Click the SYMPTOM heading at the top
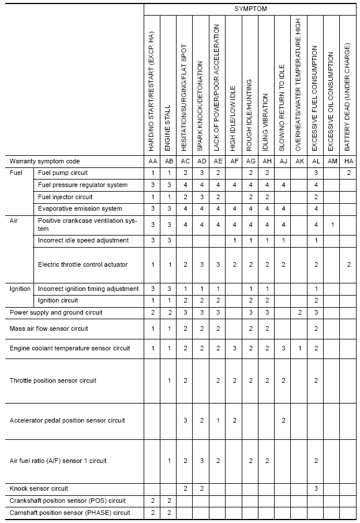coord(250,9)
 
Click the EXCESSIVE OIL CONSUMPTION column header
coord(332,101)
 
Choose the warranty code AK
coord(299,161)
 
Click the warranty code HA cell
coord(348,161)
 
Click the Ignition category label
coord(20,289)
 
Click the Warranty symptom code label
coord(44,161)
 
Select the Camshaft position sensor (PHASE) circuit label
coord(70,513)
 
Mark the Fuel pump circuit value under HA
coord(348,173)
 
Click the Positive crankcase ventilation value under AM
coord(332,224)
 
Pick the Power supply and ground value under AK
coord(299,312)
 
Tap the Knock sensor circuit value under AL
coord(316,488)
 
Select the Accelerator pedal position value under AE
coord(217,420)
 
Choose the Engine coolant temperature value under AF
coord(234,349)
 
